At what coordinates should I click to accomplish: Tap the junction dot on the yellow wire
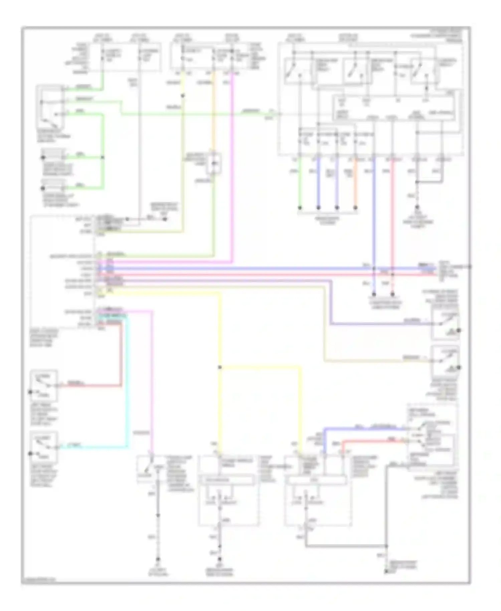[220, 367]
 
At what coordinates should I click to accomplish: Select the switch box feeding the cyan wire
[44, 447]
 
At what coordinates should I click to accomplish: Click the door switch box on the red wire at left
[44, 385]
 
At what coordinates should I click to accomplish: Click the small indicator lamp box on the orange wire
[213, 163]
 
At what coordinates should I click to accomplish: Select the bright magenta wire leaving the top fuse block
[232, 167]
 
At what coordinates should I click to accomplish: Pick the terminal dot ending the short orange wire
[355, 208]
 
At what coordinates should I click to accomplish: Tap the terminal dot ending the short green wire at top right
[300, 208]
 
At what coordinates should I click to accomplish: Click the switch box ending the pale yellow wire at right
[445, 361]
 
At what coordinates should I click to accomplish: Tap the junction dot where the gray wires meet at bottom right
[386, 546]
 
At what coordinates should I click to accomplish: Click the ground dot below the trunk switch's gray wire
[158, 559]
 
